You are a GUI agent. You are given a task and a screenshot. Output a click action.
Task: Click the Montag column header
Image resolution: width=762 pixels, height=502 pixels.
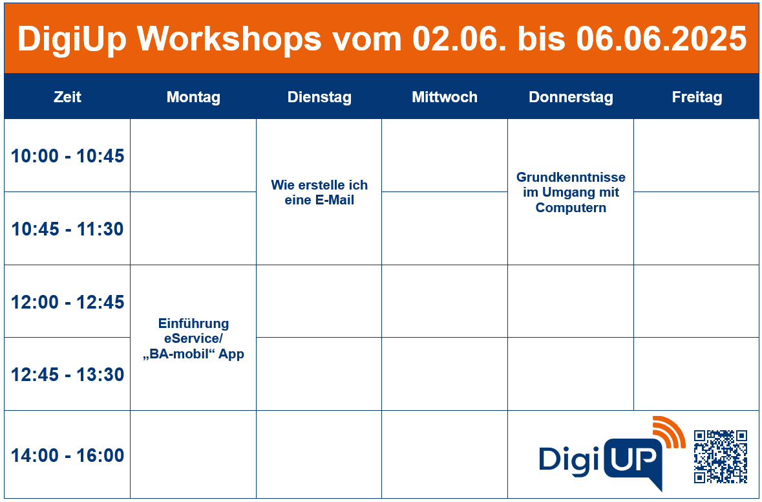pyautogui.click(x=193, y=97)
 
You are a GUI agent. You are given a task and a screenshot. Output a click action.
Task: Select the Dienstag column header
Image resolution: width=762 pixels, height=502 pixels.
pyautogui.click(x=319, y=97)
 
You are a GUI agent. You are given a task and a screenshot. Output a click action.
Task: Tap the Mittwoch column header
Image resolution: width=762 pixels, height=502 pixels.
pyautogui.click(x=445, y=97)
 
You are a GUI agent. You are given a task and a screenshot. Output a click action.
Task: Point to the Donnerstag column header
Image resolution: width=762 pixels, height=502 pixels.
pyautogui.click(x=571, y=97)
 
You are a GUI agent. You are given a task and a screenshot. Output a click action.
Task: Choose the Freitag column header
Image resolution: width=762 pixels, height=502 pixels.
pyautogui.click(x=697, y=97)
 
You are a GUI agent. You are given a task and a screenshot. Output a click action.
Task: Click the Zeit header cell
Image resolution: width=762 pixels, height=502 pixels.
pyautogui.click(x=67, y=97)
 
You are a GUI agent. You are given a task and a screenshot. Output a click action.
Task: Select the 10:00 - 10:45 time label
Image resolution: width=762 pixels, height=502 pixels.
pyautogui.click(x=68, y=156)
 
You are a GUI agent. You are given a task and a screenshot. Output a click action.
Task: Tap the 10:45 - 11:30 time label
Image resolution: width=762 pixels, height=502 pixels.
pyautogui.click(x=68, y=229)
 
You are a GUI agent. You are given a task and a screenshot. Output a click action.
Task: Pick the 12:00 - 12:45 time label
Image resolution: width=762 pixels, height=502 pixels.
pyautogui.click(x=68, y=302)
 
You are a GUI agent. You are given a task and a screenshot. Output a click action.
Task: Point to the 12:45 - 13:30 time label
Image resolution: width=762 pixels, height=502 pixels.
pyautogui.click(x=68, y=375)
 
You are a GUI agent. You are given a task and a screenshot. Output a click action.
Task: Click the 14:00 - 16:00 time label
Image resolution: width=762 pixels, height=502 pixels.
pyautogui.click(x=68, y=455)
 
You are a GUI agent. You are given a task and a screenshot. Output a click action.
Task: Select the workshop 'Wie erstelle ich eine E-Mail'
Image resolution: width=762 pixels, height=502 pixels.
pyautogui.click(x=319, y=192)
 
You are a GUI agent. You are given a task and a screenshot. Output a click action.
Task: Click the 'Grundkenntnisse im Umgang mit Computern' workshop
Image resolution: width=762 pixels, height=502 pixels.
pyautogui.click(x=571, y=192)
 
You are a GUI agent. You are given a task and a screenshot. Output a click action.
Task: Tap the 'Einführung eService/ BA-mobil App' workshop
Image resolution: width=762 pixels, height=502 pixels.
pyautogui.click(x=193, y=338)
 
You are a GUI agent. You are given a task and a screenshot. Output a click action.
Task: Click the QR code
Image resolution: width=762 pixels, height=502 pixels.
pyautogui.click(x=720, y=456)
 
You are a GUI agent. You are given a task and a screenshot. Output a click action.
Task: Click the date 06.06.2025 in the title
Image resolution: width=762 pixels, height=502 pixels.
pyautogui.click(x=661, y=38)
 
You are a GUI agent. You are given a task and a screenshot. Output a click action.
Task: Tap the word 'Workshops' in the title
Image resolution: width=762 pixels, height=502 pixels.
pyautogui.click(x=229, y=38)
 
